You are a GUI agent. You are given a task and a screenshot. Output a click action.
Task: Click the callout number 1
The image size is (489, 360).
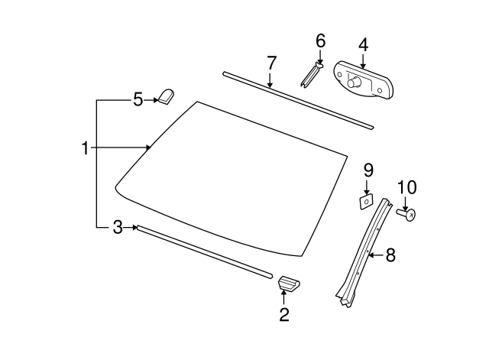point(85,148)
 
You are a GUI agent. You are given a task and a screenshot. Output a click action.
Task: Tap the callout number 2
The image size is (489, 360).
point(284,314)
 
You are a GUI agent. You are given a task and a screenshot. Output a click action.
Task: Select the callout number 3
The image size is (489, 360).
point(118,228)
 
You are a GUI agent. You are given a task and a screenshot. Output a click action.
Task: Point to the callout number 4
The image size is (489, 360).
point(363,45)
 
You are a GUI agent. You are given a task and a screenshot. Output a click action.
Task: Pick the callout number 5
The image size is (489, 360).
point(138,100)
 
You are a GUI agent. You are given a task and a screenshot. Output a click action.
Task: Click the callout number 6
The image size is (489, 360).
point(321,41)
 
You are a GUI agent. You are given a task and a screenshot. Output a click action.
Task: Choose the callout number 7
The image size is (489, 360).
point(271,63)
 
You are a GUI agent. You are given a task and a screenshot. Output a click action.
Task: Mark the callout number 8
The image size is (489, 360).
point(390,255)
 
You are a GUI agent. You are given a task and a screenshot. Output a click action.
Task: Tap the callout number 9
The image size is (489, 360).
point(368,170)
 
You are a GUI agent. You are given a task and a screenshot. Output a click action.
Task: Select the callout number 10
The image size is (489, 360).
point(406,187)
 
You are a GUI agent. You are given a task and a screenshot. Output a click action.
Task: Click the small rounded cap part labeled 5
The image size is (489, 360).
point(167,96)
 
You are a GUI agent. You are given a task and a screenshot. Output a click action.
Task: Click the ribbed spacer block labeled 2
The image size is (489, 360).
point(289,283)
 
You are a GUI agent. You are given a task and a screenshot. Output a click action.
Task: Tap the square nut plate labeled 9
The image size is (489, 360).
point(366,202)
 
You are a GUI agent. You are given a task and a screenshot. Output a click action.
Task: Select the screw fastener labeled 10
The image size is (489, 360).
point(406,214)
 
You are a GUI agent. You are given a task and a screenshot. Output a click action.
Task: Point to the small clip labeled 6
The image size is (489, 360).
point(312,75)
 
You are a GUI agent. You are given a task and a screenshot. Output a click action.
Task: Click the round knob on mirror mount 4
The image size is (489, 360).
point(355,83)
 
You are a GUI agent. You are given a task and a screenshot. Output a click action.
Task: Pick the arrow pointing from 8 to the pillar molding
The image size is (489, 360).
point(377,255)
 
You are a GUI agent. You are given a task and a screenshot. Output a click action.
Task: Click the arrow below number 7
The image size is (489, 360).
point(270,80)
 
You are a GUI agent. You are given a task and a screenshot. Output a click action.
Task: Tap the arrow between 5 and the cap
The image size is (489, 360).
point(151,100)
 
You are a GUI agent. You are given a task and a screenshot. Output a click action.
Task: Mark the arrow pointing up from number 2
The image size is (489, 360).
point(283,297)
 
